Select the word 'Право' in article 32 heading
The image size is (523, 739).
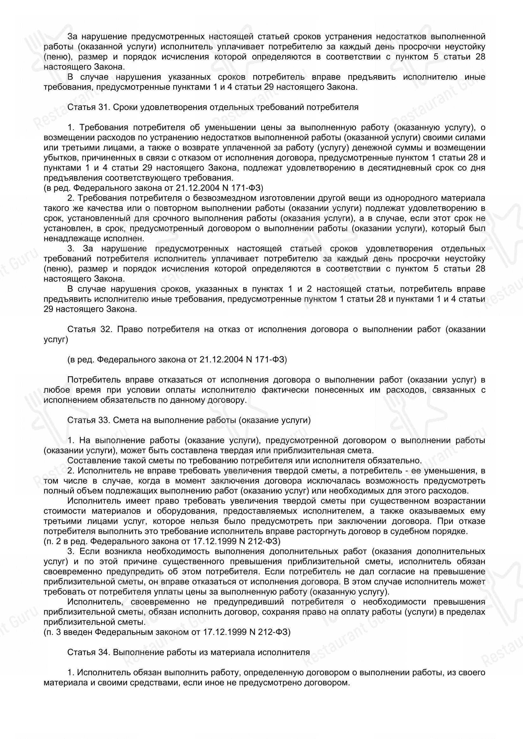point(128,329)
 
